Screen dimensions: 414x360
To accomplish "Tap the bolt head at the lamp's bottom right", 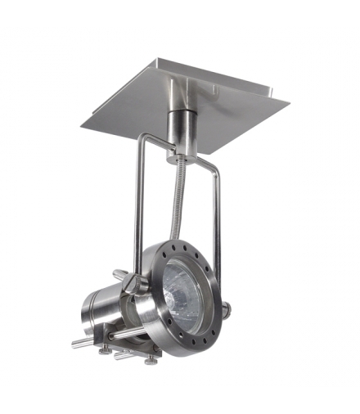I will point(150,359).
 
